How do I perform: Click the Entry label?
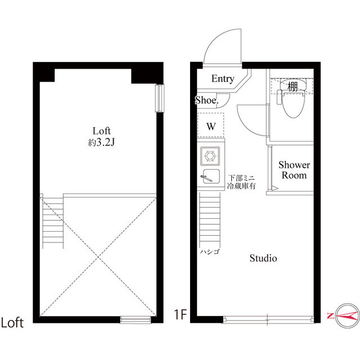coord(223,79)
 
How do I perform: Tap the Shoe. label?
coord(207,101)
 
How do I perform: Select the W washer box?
coord(211,125)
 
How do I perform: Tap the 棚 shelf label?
coord(292,87)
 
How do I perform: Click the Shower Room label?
coord(295,170)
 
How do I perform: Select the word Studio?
coord(263,259)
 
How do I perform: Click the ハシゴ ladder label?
coord(209,251)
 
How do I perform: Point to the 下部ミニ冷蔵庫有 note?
coord(241,181)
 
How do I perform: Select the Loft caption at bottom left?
coord(12,323)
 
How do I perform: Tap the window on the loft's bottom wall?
coord(137,319)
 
